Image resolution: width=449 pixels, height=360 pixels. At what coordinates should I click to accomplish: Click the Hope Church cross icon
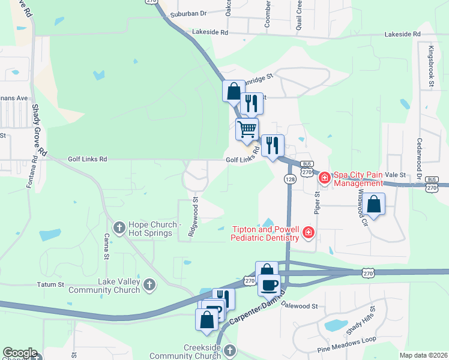pyautogui.click(x=119, y=227)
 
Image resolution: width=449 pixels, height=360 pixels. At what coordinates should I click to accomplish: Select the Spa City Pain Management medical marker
pyautogui.click(x=324, y=177)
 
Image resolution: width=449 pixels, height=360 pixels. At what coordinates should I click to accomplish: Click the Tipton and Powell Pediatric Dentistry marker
pyautogui.click(x=309, y=232)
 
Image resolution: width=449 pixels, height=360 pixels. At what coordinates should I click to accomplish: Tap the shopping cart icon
pyautogui.click(x=247, y=128)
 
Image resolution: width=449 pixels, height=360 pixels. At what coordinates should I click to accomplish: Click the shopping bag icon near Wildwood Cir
pyautogui.click(x=374, y=203)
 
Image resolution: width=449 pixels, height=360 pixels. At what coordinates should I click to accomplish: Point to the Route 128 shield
pyautogui.click(x=289, y=179)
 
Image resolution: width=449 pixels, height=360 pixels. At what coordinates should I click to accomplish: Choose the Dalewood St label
pyautogui.click(x=298, y=306)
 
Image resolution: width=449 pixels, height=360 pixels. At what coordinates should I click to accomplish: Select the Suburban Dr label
pyautogui.click(x=188, y=13)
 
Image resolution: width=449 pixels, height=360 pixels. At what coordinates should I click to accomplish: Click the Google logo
pyautogui.click(x=20, y=353)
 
